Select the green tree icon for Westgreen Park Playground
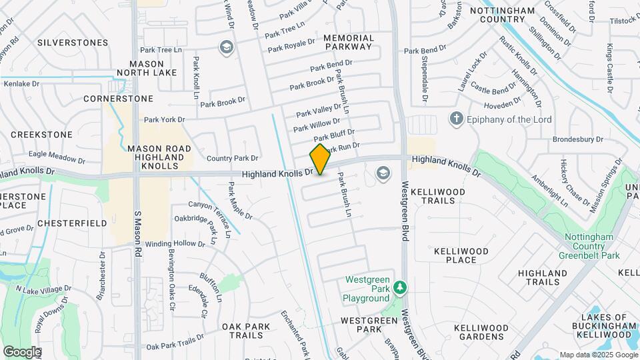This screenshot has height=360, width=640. pos(399,287)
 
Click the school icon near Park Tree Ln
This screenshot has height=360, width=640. pos(226,47)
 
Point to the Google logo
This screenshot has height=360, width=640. pos(21,351)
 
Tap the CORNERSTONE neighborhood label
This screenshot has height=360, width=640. pos(118,98)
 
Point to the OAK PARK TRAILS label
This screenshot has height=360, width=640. pos(247,331)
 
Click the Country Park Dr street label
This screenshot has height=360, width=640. pos(232,158)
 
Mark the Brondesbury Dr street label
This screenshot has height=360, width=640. pos(577,140)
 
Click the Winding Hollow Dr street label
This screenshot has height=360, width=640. pos(175,243)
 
